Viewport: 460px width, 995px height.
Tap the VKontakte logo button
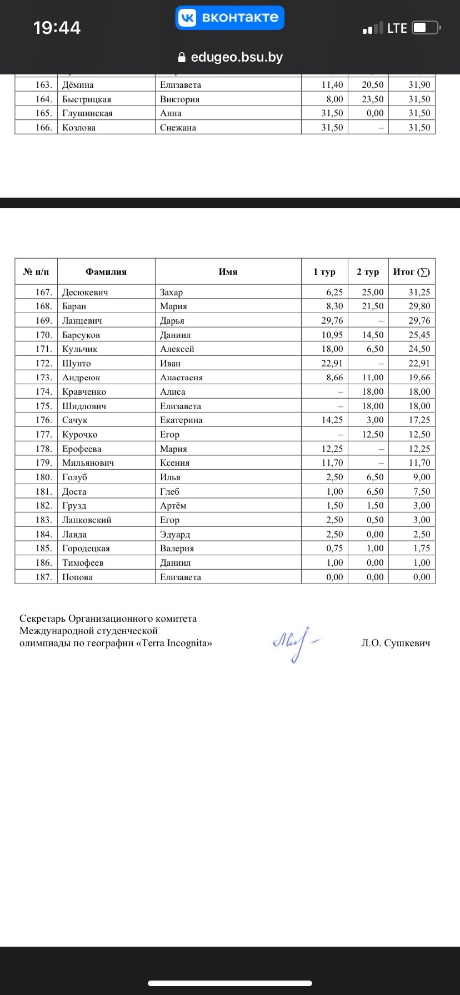click(230, 18)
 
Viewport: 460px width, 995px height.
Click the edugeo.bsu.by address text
click(237, 57)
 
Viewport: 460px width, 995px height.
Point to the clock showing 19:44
click(57, 28)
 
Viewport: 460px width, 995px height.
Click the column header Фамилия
click(106, 272)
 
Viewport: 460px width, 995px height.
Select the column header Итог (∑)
click(411, 272)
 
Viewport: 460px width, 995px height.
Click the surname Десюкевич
click(85, 293)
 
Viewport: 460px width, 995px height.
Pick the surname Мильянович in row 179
click(88, 463)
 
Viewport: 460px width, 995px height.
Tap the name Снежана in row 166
click(178, 128)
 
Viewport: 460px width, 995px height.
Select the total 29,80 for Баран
click(419, 306)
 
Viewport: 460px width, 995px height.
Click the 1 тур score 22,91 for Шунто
click(332, 364)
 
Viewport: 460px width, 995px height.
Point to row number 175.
click(43, 406)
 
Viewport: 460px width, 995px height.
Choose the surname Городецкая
click(86, 549)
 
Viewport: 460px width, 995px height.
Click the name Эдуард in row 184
click(175, 535)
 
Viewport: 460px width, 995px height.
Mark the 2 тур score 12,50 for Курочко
click(373, 435)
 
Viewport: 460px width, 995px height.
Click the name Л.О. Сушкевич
click(396, 644)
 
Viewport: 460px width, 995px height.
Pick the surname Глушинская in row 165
click(87, 113)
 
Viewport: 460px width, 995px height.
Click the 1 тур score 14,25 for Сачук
click(332, 420)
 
